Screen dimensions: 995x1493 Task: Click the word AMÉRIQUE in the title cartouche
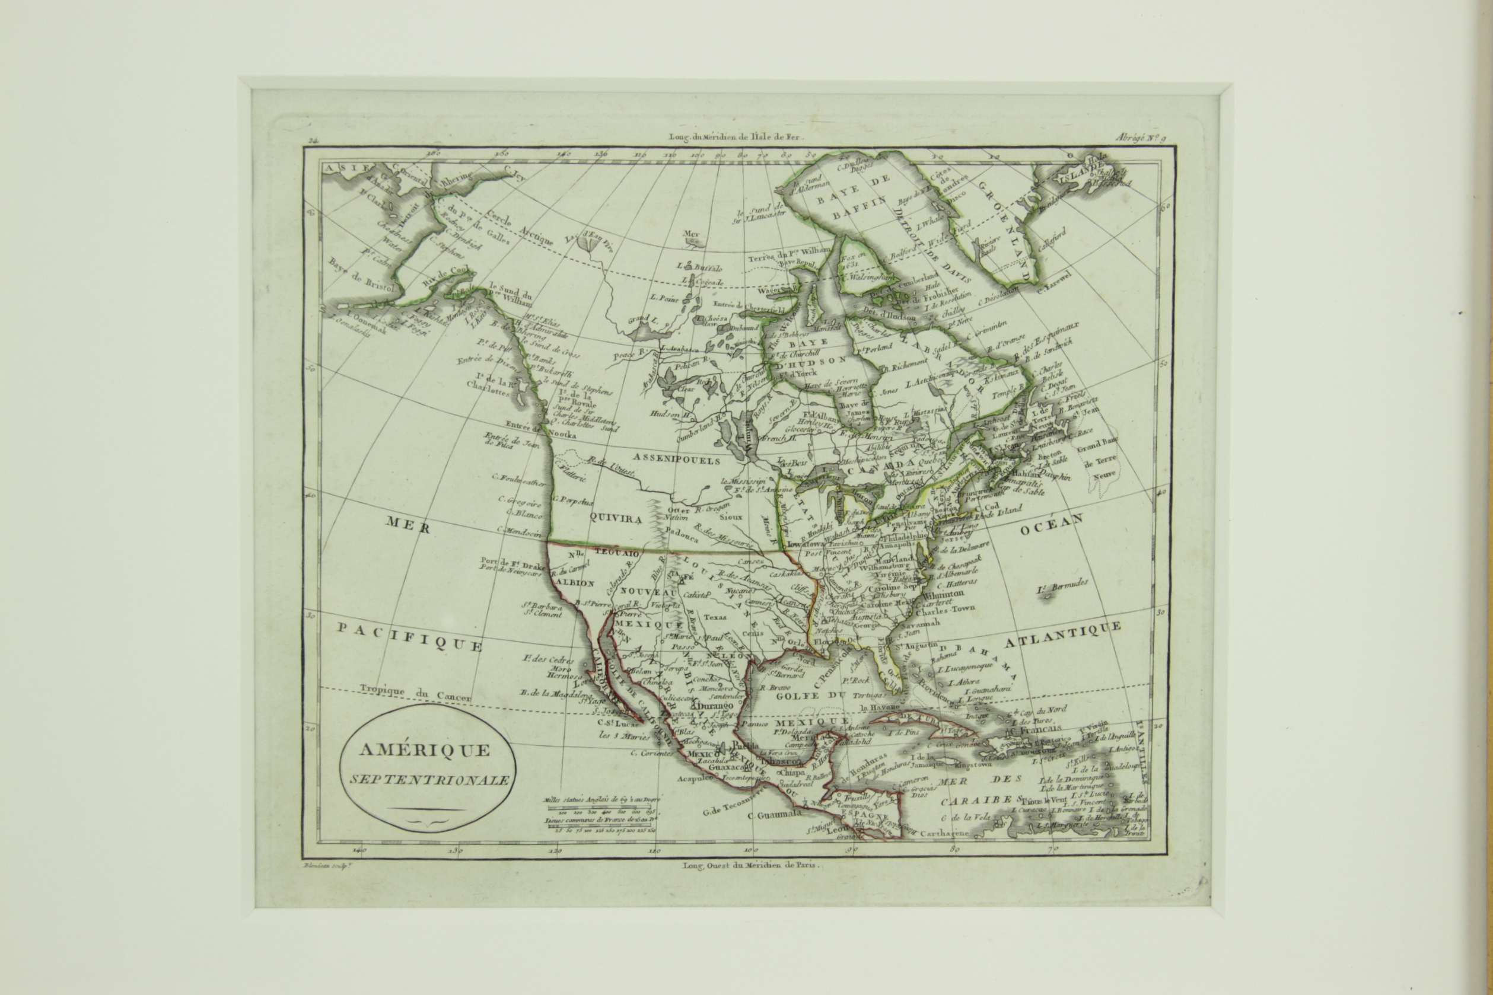425,750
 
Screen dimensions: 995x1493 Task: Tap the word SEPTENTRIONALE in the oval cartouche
429,780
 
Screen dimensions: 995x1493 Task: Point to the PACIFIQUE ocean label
409,636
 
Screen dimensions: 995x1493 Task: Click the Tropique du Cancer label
415,693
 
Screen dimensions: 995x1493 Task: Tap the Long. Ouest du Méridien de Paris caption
752,865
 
